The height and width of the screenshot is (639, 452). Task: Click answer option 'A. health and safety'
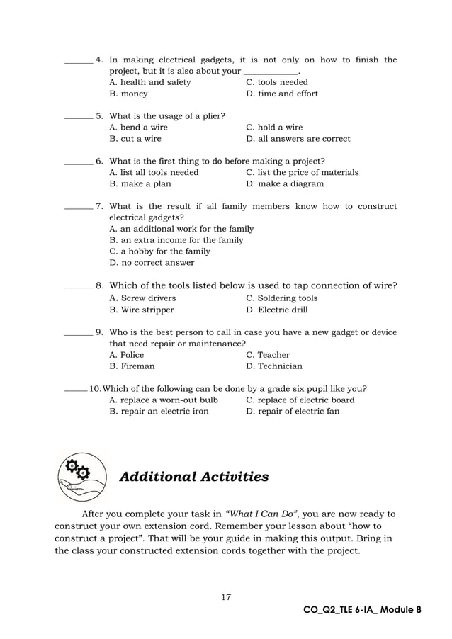click(150, 82)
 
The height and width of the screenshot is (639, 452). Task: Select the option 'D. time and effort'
click(281, 94)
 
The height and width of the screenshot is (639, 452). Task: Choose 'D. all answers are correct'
click(298, 139)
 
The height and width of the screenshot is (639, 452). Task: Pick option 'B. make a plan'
click(140, 184)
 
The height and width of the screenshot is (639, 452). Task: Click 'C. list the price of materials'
click(302, 172)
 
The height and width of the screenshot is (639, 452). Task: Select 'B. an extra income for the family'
click(176, 240)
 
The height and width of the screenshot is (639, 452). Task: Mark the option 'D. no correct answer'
click(152, 263)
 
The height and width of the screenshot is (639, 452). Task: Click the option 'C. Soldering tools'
click(281, 298)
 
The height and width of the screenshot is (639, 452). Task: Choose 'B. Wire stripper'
click(142, 310)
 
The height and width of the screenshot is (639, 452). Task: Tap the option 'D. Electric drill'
click(276, 310)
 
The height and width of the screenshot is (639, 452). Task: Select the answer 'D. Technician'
click(273, 366)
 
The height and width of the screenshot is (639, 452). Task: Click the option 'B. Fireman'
click(132, 366)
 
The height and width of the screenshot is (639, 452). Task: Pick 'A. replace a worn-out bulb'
click(164, 400)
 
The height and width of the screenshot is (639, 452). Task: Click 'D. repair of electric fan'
click(292, 412)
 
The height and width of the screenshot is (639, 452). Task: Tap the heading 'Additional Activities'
click(194, 477)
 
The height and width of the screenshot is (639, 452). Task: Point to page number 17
click(226, 597)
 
